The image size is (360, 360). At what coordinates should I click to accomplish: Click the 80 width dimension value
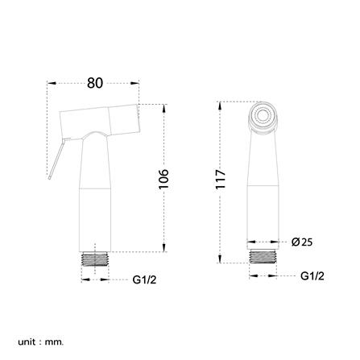coord(95,81)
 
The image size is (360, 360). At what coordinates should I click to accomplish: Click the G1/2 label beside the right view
coord(312,275)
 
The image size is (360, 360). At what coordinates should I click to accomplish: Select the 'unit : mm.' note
coord(40,342)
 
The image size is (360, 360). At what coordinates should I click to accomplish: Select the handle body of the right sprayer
coord(262,185)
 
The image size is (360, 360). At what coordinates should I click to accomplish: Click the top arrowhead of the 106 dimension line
coord(164,106)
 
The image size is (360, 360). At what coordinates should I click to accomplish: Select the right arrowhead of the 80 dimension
coord(138,82)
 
